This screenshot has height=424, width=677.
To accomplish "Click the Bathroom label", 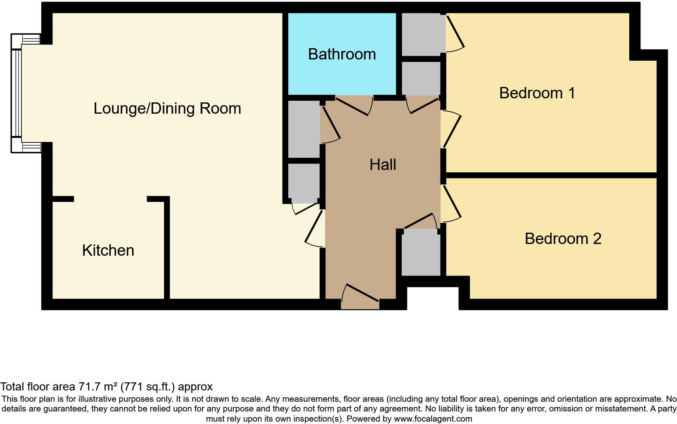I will (342, 54).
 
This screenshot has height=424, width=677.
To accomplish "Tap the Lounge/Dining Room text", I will (167, 108).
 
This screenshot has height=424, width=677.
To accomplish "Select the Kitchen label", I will (108, 250).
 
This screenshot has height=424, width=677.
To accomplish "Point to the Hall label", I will (383, 165).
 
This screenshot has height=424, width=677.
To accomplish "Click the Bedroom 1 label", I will (537, 93).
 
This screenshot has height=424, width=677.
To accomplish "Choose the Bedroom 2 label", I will (563, 239).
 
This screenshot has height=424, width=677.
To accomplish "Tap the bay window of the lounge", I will (16, 93).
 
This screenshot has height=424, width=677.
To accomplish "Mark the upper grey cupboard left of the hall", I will (304, 129).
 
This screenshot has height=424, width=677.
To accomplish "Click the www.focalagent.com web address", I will (433, 419).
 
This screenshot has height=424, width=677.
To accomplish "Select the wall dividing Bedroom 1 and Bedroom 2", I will (551, 175).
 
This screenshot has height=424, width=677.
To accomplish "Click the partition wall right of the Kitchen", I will (166, 249).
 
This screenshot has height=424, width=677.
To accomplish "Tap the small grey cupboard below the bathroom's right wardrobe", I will (421, 78).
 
